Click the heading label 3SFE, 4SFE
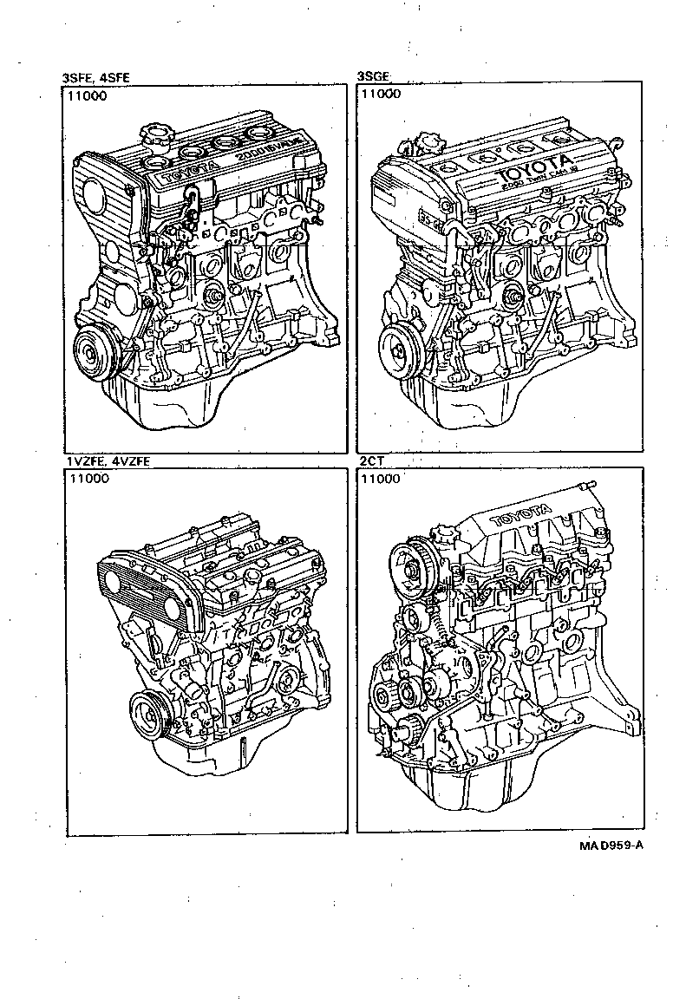[95, 77]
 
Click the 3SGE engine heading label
[374, 77]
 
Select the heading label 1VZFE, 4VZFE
[107, 461]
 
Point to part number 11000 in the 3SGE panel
[381, 95]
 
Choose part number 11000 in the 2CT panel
[381, 479]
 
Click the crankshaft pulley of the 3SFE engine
[94, 354]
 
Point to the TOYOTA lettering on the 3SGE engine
[536, 172]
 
